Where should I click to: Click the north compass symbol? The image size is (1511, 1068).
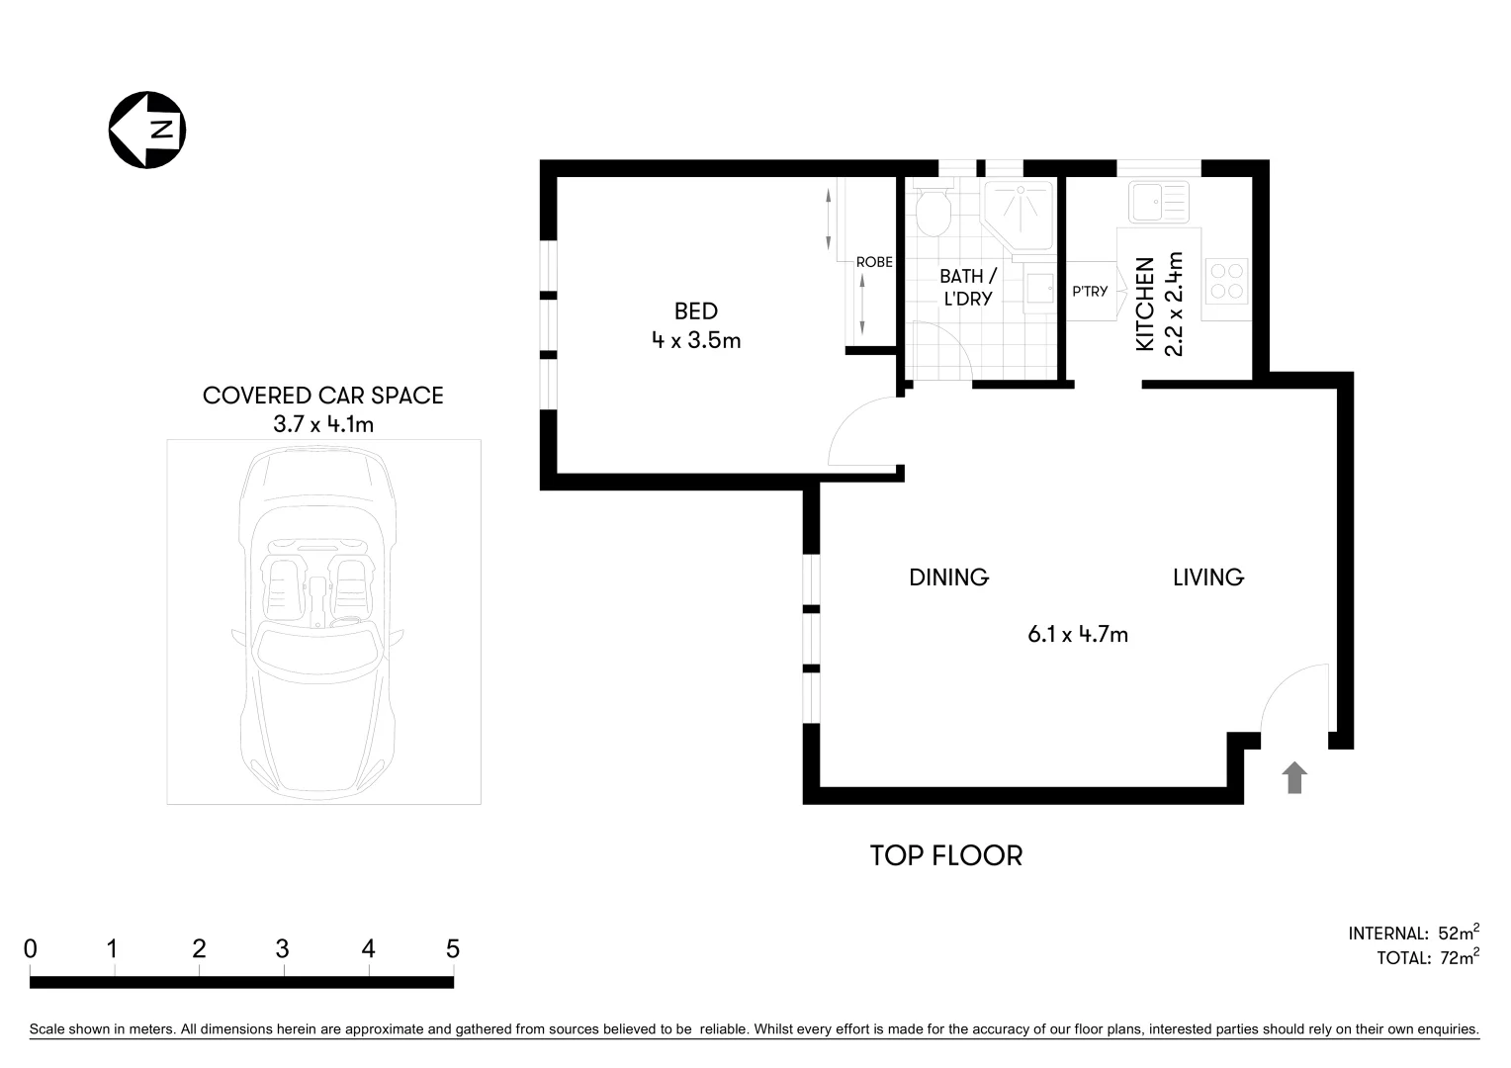pos(147,130)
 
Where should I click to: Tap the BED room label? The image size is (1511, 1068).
pos(695,311)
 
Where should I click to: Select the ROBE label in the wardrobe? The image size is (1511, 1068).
pos(874,262)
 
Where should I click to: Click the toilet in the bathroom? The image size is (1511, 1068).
pos(933,210)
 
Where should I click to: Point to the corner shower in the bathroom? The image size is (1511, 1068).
pos(1018,210)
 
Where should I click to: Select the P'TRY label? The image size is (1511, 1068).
pos(1090,292)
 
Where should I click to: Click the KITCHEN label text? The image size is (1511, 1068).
pos(1145,305)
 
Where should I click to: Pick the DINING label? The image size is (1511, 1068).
pos(948,578)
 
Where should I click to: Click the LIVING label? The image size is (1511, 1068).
pos(1207,578)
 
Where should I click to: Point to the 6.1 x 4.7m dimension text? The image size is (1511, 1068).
pos(1078,635)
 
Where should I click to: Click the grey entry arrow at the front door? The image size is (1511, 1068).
pos(1294,778)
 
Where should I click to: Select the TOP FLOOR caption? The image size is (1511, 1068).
pos(945,855)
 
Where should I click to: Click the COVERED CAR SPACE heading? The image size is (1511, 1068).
pos(322,396)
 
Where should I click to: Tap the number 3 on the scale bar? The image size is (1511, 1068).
pos(283,949)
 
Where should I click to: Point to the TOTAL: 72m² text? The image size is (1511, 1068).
pos(1427,957)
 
